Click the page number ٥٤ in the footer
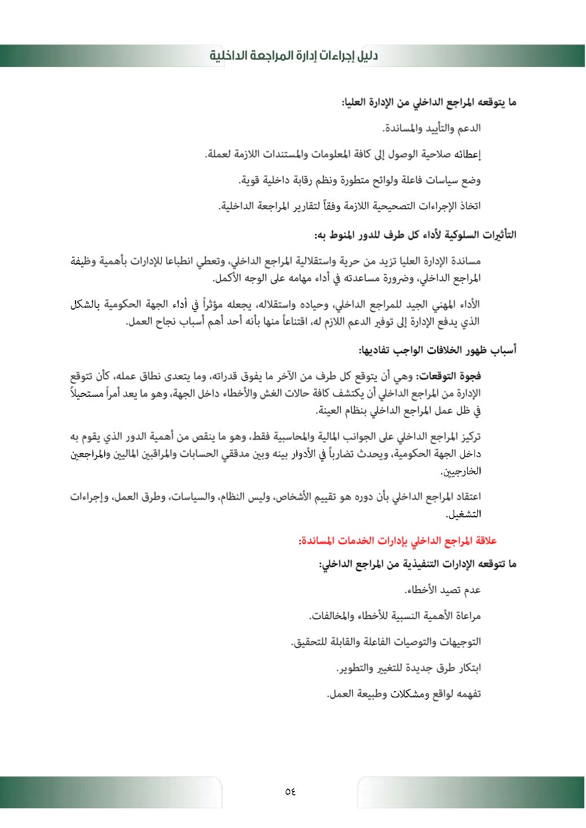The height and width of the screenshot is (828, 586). click(x=291, y=791)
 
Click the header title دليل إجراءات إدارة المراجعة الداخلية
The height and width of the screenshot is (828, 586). click(x=294, y=56)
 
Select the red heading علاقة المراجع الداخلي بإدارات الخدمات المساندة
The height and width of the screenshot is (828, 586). click(x=397, y=541)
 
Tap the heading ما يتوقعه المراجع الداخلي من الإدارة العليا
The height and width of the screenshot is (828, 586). click(x=429, y=103)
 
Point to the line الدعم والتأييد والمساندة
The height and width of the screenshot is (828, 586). click(x=432, y=128)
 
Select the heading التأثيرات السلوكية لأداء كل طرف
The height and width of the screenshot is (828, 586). click(x=414, y=234)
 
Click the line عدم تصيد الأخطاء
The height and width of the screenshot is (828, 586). click(x=442, y=590)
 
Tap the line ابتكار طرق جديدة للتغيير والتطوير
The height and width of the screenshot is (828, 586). click(x=408, y=668)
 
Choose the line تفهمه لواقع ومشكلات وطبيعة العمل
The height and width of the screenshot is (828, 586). click(x=403, y=694)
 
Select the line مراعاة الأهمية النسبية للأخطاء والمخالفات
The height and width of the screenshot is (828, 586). click(x=394, y=616)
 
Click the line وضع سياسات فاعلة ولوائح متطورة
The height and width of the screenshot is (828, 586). click(x=359, y=181)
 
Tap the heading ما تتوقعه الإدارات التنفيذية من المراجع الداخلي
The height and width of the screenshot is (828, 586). click(x=418, y=564)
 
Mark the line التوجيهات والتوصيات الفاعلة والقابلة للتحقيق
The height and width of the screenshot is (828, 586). click(x=385, y=642)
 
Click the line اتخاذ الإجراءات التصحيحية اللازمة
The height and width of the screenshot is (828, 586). click(x=349, y=207)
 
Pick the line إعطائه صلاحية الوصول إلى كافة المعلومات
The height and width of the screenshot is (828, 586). click(x=343, y=154)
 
